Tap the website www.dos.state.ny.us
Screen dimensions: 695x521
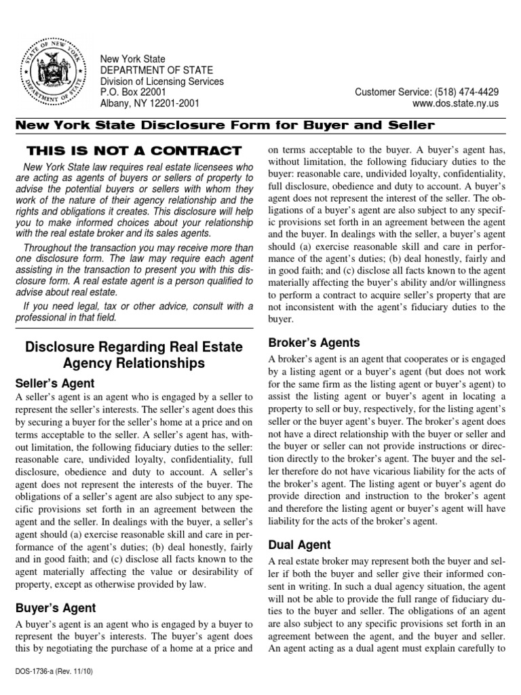[x=455, y=103]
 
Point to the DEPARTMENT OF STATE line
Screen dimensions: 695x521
[x=156, y=71]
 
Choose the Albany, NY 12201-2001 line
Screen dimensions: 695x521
[x=150, y=103]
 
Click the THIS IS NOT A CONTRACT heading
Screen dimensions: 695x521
[x=133, y=150]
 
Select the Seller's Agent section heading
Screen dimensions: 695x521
[x=56, y=383]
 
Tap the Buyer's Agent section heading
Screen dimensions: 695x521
[x=56, y=608]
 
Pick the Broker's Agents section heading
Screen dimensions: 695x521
[x=315, y=343]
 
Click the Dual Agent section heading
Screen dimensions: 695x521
[x=300, y=544]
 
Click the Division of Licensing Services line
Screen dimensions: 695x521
[x=161, y=81]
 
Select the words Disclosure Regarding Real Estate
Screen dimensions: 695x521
[x=134, y=347]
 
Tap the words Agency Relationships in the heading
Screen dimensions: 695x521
[x=134, y=364]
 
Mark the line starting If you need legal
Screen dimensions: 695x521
[x=136, y=306]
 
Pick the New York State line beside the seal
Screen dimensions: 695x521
[x=133, y=60]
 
